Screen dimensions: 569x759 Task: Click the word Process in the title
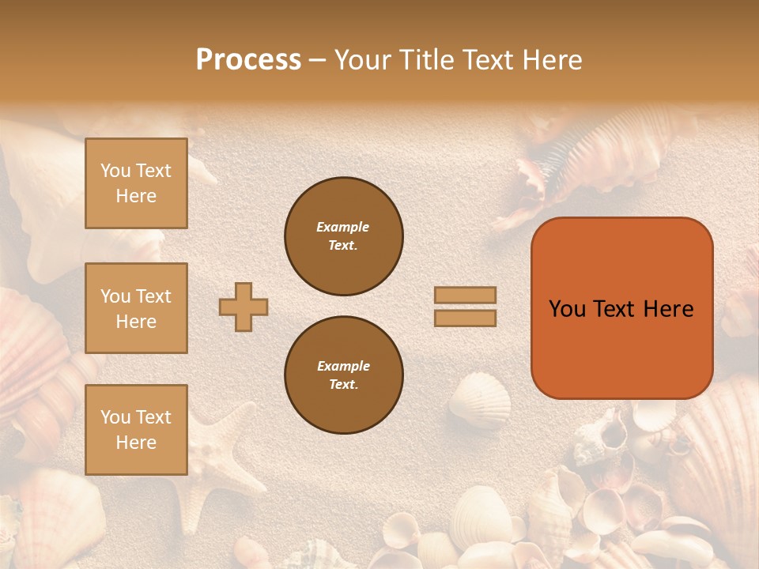[x=248, y=60]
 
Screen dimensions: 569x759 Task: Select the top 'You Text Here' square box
[x=136, y=183]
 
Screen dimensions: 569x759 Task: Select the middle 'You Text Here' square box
[x=136, y=308]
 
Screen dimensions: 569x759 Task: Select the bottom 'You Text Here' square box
[x=136, y=430]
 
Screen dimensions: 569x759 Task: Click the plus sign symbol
[x=244, y=307]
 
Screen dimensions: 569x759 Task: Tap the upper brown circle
[x=344, y=236]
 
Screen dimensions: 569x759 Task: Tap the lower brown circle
[x=344, y=375]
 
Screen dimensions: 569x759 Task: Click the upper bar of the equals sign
[x=465, y=296]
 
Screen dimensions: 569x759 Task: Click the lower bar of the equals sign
[x=465, y=318]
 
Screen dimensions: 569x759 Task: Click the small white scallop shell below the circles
[x=479, y=399]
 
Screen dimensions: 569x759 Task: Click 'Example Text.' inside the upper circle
[x=342, y=236]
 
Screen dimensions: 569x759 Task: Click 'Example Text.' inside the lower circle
[x=343, y=375]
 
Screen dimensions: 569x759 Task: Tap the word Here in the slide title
[x=550, y=60]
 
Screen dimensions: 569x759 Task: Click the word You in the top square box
[x=115, y=171]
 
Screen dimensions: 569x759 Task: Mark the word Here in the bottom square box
[x=136, y=443]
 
